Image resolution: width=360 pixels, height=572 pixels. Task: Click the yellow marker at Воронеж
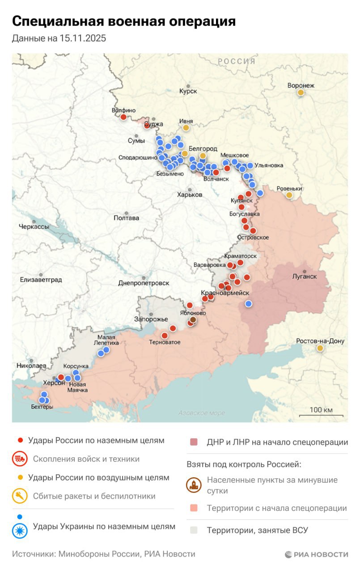pos(301,93)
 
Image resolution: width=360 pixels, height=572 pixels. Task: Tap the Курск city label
pos(188,91)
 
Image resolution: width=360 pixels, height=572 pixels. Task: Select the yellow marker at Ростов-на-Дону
pos(320,348)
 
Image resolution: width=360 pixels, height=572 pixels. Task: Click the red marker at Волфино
pos(123,117)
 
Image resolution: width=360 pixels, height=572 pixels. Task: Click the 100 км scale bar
pos(321,413)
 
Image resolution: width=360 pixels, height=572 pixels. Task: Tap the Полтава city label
pos(126,218)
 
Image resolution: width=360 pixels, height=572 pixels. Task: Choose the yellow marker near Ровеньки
pos(289,195)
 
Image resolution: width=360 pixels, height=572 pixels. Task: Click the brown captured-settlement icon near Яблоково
pos(193,320)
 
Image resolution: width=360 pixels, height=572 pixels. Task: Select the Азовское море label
pos(201,413)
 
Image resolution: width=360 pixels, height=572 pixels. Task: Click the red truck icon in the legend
pos(20,459)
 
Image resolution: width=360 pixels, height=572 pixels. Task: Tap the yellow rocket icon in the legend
pos(20,496)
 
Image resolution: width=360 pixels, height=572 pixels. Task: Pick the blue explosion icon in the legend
pos(20,530)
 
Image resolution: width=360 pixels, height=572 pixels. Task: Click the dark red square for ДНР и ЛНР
pos(193,442)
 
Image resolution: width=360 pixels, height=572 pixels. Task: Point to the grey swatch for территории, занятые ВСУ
pos(193,530)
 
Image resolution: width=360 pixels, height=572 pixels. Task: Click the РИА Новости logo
pos(316,554)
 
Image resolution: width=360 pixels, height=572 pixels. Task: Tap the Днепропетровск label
pos(144,283)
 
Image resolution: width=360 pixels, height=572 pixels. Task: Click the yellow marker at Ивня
pos(186,127)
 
